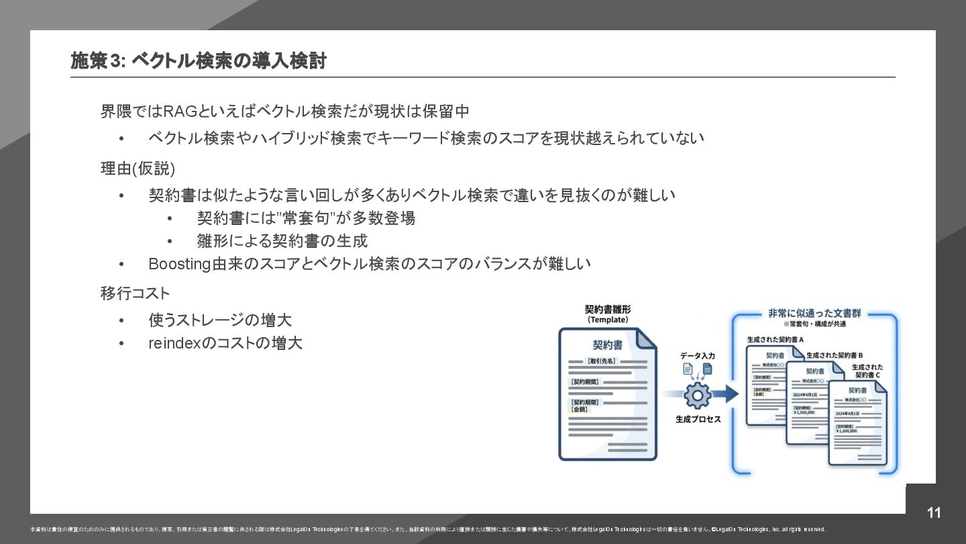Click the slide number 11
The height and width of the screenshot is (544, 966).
(934, 513)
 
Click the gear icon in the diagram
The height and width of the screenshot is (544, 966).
(697, 395)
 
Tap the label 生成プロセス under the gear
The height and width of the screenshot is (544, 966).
(698, 419)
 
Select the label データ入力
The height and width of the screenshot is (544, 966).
(698, 355)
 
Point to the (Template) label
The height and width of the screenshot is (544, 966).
(607, 320)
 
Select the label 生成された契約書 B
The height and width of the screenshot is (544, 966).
(834, 355)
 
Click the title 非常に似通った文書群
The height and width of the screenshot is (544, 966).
(814, 314)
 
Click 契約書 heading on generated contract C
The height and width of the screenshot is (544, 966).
(857, 390)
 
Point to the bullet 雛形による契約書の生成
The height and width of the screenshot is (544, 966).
(282, 240)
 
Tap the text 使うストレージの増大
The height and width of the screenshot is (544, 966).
(220, 320)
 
